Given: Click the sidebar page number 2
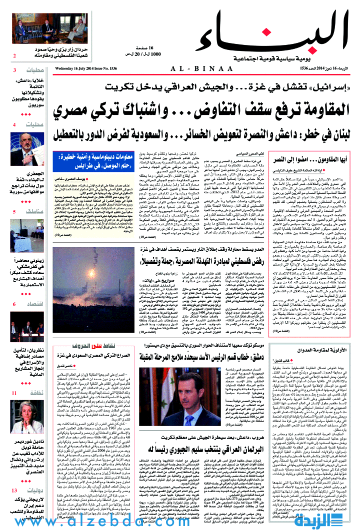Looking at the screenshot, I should (14, 55).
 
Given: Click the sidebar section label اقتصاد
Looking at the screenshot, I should (36, 304).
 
